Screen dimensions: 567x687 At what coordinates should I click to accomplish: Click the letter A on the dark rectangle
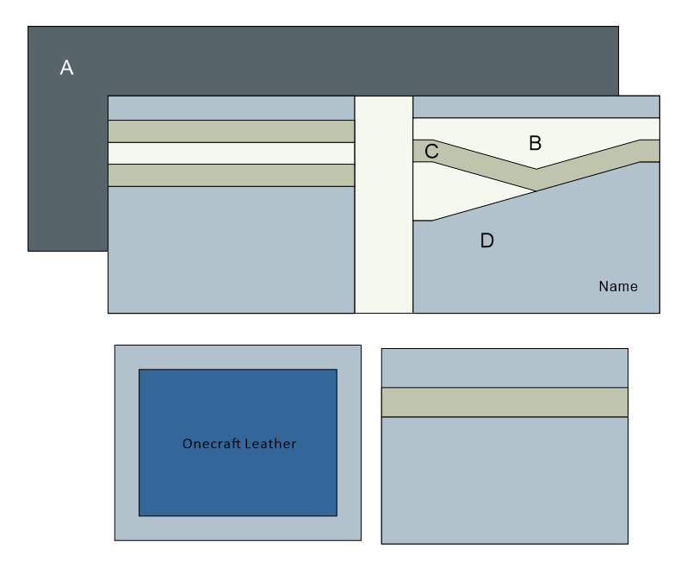(x=66, y=68)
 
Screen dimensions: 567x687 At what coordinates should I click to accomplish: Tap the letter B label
(x=535, y=143)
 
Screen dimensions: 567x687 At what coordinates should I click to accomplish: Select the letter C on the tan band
(x=432, y=152)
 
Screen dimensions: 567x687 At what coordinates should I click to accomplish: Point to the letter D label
(x=486, y=241)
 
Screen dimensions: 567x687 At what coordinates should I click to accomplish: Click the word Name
(x=618, y=286)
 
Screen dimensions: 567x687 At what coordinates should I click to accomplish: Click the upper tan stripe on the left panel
(x=231, y=131)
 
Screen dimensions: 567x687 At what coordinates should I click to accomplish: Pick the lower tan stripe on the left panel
(x=231, y=175)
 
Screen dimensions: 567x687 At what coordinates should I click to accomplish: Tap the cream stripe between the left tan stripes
(x=231, y=153)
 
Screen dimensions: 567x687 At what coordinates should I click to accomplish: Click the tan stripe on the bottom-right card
(x=504, y=402)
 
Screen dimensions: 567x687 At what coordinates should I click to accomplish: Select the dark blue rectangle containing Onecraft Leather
(x=237, y=483)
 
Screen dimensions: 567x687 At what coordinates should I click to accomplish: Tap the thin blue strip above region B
(x=535, y=106)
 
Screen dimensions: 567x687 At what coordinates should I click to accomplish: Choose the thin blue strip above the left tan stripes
(x=231, y=108)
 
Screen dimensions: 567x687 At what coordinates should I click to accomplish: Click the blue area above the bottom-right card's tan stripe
(x=504, y=368)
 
